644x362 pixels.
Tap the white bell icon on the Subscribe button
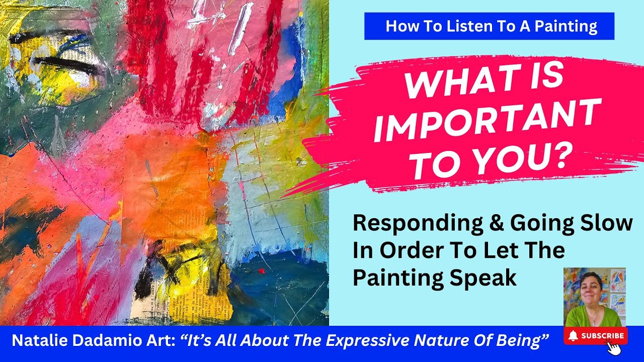[572, 336]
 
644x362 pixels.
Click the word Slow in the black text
[611, 224]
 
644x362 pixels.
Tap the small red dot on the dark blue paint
[261, 271]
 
